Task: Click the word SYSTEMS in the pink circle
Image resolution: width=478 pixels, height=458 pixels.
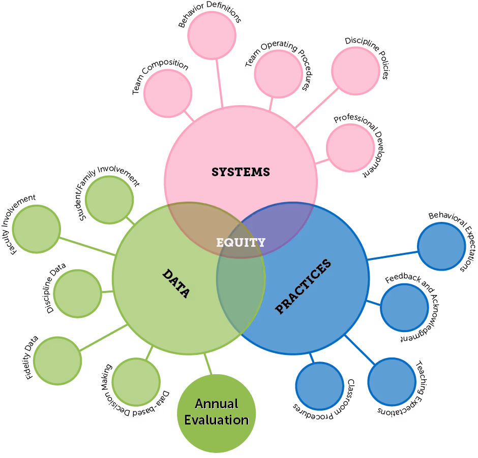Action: [241, 172]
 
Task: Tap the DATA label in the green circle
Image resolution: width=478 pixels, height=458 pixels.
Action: [176, 283]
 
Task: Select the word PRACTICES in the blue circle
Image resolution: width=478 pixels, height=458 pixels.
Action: [303, 286]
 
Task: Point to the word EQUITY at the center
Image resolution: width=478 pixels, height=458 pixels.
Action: [241, 242]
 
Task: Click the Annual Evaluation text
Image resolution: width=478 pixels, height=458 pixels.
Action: [216, 412]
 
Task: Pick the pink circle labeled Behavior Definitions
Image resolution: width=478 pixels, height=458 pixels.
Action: [212, 36]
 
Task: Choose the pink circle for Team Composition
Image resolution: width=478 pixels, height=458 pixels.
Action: [168, 93]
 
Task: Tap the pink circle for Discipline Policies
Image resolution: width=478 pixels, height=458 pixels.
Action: [355, 71]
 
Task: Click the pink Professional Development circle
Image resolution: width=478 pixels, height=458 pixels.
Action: [350, 148]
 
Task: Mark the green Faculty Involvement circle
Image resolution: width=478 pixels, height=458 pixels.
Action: [36, 230]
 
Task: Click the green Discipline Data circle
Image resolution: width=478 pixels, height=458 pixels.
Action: [77, 293]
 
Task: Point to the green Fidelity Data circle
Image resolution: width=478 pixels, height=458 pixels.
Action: [57, 360]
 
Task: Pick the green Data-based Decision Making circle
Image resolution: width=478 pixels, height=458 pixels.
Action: [136, 382]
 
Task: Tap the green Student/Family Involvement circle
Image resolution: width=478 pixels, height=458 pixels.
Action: [109, 200]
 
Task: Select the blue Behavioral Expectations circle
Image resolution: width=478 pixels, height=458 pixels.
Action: [441, 246]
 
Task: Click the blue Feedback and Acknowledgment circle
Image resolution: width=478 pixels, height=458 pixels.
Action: [404, 308]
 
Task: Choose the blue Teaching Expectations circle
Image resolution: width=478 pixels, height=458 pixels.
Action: [392, 382]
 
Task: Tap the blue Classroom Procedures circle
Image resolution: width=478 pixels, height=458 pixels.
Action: [319, 386]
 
